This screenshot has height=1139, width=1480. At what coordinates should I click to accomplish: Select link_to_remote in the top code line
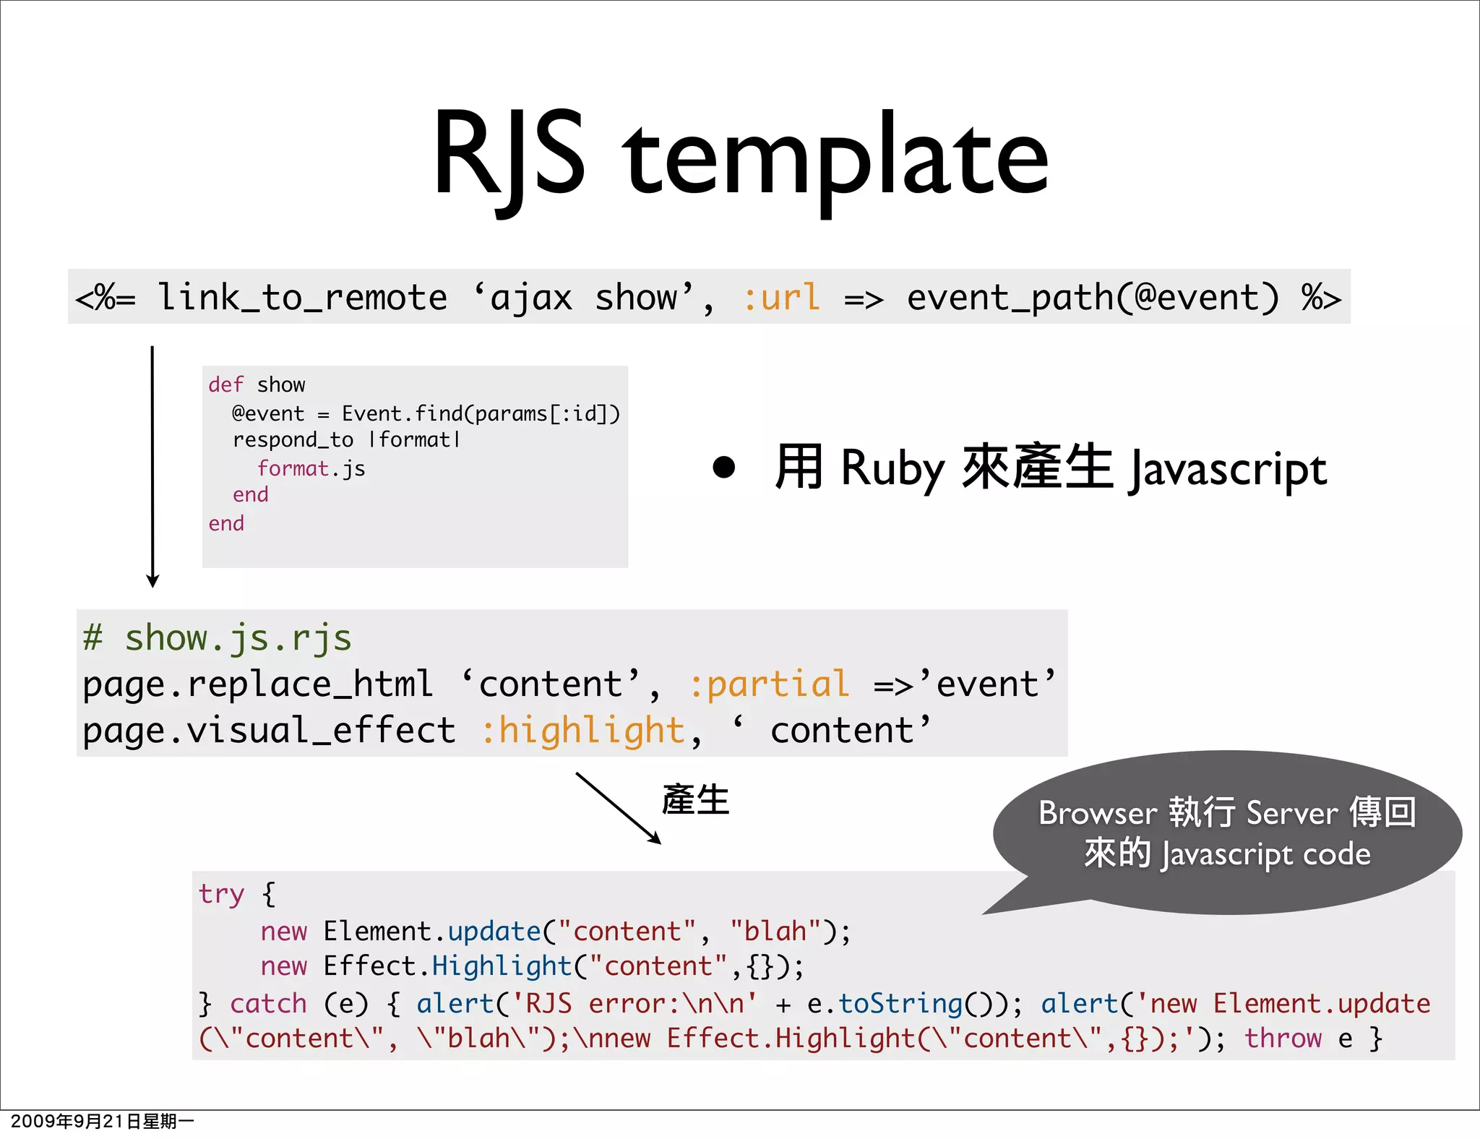302,297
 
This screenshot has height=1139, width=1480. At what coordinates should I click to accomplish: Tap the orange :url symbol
781,297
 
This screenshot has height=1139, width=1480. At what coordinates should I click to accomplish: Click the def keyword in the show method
225,384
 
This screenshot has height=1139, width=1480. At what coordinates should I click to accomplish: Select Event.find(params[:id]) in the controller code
481,413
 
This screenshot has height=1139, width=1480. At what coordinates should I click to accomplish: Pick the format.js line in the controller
311,469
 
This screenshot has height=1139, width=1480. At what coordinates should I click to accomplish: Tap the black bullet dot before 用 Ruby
723,467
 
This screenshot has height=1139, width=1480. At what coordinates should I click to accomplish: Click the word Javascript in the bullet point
1228,470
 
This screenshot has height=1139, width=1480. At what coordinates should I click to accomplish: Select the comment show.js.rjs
238,638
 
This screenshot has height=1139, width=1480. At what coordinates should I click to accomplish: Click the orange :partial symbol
769,684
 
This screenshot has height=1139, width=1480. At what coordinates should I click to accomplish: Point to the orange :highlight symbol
582,730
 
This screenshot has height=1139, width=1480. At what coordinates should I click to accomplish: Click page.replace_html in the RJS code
257,684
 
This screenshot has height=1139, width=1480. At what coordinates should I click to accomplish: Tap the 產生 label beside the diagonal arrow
695,800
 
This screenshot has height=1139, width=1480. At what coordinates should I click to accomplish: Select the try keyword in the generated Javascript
221,894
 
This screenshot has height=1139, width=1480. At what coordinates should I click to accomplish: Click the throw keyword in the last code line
1283,1039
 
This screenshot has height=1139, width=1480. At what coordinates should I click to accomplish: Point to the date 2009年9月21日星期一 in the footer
102,1121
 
